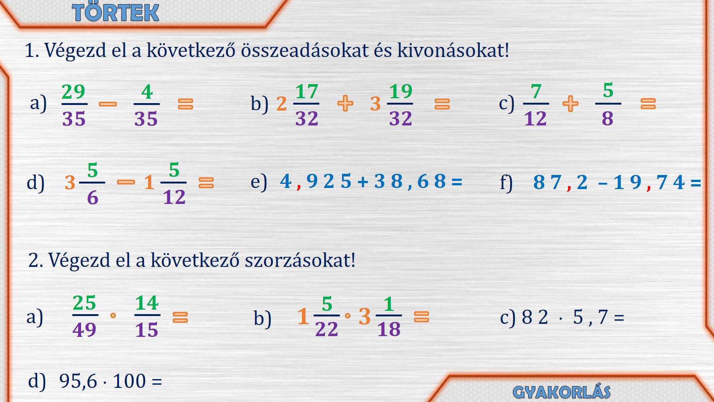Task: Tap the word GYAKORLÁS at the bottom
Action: click(x=562, y=392)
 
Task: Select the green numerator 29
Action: click(x=73, y=92)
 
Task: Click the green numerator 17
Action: click(x=307, y=92)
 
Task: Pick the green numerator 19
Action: click(x=401, y=91)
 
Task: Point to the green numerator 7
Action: click(x=536, y=92)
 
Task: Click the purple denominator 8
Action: click(x=608, y=119)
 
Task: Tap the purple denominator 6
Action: click(x=93, y=198)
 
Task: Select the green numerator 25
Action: click(x=84, y=303)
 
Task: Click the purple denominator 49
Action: click(x=84, y=330)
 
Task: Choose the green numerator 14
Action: click(x=147, y=303)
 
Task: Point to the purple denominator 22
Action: click(x=327, y=329)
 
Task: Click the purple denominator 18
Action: click(x=389, y=329)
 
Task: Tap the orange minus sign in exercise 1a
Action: click(x=108, y=104)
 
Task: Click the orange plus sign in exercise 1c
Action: click(x=570, y=103)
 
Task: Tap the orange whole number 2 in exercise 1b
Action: click(x=282, y=104)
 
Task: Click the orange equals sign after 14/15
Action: click(x=180, y=317)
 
